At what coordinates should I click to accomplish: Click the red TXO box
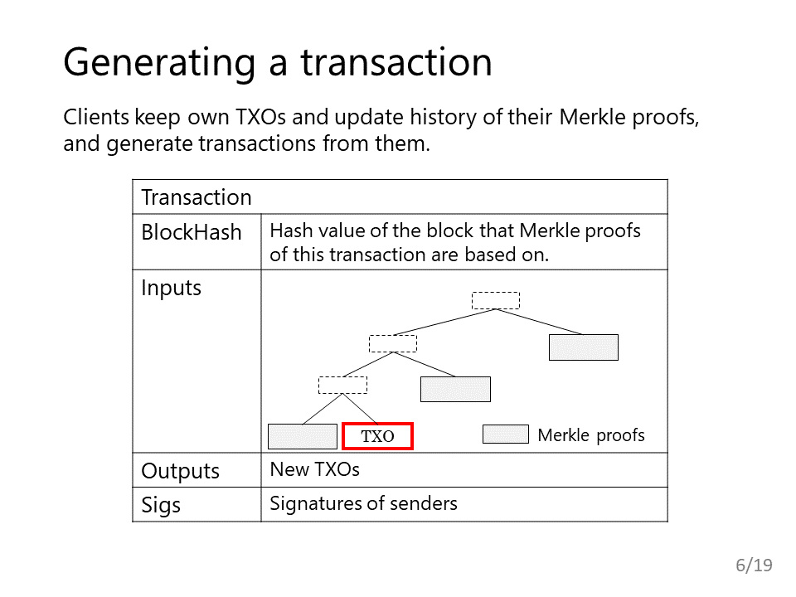pyautogui.click(x=378, y=436)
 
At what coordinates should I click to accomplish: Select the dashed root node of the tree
pyautogui.click(x=496, y=300)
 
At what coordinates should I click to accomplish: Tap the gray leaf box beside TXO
pyautogui.click(x=303, y=437)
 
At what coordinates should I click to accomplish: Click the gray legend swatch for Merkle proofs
pyautogui.click(x=506, y=434)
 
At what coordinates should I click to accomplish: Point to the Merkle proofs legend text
pyautogui.click(x=591, y=435)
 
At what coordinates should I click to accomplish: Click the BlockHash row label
pyautogui.click(x=192, y=232)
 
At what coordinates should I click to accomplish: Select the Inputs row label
pyautogui.click(x=171, y=288)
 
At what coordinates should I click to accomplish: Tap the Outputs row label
pyautogui.click(x=180, y=471)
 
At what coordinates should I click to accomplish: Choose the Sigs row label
pyautogui.click(x=161, y=505)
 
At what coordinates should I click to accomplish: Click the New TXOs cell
pyautogui.click(x=315, y=469)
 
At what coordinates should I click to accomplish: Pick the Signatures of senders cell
pyautogui.click(x=363, y=503)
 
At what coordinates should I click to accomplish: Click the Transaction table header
pyautogui.click(x=197, y=197)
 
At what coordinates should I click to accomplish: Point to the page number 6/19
pyautogui.click(x=754, y=565)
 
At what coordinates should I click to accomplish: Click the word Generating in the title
pyautogui.click(x=159, y=63)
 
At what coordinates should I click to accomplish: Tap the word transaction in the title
pyautogui.click(x=396, y=62)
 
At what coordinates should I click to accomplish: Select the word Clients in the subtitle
pyautogui.click(x=96, y=117)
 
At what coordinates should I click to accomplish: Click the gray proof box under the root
pyautogui.click(x=584, y=347)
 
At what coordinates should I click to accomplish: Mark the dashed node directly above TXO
pyautogui.click(x=342, y=386)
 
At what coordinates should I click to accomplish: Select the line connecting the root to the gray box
pyautogui.click(x=539, y=322)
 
